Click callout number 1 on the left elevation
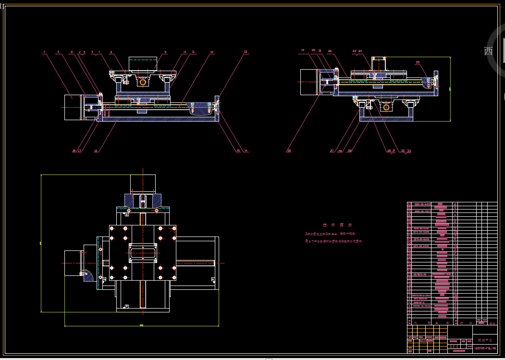(44, 51)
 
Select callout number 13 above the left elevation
(246, 51)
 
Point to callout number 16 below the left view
(96, 151)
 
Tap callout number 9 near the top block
(165, 51)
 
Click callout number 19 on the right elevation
(303, 50)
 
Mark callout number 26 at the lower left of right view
(289, 151)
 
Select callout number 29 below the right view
(349, 151)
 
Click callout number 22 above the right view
(330, 50)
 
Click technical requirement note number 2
(334, 241)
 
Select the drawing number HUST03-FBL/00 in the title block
(485, 348)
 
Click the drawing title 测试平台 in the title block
(485, 340)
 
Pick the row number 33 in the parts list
(409, 204)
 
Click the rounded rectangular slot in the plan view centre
(143, 252)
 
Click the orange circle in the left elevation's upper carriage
(143, 82)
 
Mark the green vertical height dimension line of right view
(450, 89)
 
